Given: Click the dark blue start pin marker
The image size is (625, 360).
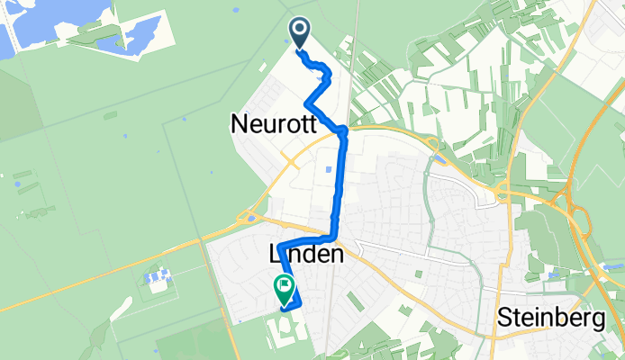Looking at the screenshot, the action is tap(300, 33).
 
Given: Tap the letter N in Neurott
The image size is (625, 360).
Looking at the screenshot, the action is tap(237, 124).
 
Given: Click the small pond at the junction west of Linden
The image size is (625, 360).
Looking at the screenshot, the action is tap(250, 217).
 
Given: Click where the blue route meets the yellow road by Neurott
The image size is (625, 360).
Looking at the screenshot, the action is tap(342, 131).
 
